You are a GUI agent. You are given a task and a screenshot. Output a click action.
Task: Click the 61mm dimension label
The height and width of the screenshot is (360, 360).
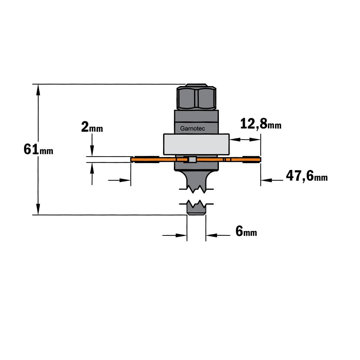click(39, 149)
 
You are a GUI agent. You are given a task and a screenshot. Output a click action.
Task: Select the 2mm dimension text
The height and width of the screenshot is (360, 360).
click(92, 127)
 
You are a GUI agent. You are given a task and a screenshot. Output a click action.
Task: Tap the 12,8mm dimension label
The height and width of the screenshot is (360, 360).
click(261, 124)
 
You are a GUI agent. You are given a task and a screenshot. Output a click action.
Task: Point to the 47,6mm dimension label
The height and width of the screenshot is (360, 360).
click(306, 176)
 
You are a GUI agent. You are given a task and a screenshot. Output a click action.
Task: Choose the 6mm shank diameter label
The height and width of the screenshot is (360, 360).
click(246, 231)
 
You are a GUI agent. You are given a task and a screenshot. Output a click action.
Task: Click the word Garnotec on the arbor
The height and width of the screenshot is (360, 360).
click(192, 129)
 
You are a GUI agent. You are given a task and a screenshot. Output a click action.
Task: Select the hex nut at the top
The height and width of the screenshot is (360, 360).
click(196, 97)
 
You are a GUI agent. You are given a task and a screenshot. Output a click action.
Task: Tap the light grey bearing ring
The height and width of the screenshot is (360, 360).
click(196, 144)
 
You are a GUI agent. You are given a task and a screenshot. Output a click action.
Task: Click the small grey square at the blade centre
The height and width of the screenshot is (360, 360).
click(192, 159)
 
